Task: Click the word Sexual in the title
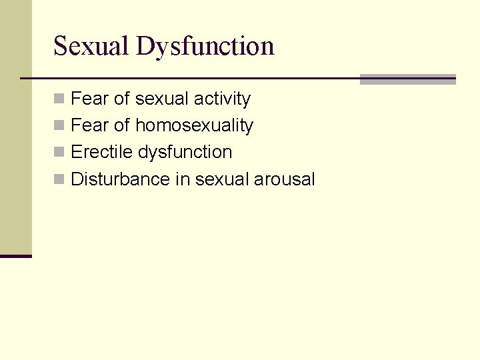[x=91, y=46]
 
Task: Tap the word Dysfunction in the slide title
[x=205, y=46]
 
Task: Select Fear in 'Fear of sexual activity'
[x=89, y=99]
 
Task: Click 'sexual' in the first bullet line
[x=161, y=99]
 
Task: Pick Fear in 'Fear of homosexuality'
[x=89, y=125]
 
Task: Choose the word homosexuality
[x=194, y=125]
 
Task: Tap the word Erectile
[x=101, y=152]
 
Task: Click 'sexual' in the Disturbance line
[x=222, y=179]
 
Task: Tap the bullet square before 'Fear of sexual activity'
[x=59, y=99]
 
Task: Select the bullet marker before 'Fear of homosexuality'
[x=59, y=126]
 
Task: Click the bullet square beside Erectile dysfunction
[x=59, y=153]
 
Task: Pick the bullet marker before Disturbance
[x=59, y=179]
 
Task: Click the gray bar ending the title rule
[x=407, y=79]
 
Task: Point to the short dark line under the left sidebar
[x=16, y=256]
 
